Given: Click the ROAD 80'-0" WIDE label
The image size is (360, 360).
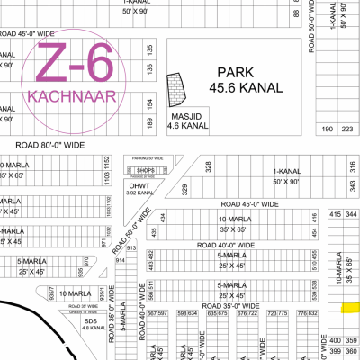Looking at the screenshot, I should coord(50,144).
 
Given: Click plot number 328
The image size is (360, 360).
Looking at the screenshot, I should coord(208,166).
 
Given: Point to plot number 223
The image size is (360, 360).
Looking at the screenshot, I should coord(346,130).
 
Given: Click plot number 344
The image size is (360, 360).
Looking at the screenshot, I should coord(351,214).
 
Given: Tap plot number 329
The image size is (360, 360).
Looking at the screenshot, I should coord(185,188).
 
